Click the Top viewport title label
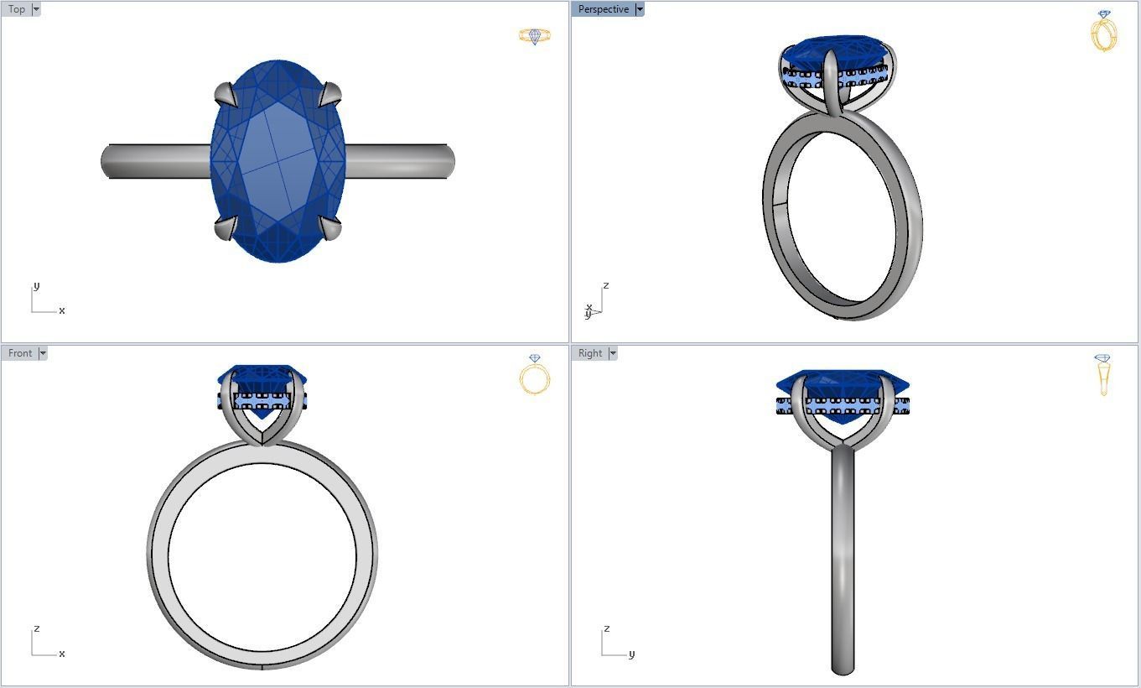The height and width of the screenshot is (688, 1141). click(x=16, y=9)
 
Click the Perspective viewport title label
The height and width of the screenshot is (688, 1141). click(x=603, y=9)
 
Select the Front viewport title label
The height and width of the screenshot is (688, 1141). click(x=20, y=353)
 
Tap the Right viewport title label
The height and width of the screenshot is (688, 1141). click(x=589, y=353)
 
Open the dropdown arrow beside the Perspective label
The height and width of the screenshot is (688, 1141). click(x=640, y=9)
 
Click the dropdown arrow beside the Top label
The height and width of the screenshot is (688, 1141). click(x=36, y=9)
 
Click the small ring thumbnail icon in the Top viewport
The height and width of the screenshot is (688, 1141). click(x=534, y=36)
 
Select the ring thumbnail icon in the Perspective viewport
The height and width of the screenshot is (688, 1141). click(x=1104, y=31)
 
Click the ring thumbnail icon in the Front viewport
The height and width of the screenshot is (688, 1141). click(x=534, y=374)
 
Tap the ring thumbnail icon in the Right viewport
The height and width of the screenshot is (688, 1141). click(x=1103, y=374)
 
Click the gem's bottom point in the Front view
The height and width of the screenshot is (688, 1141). click(x=264, y=417)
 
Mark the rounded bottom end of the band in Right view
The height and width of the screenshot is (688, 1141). click(x=843, y=668)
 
